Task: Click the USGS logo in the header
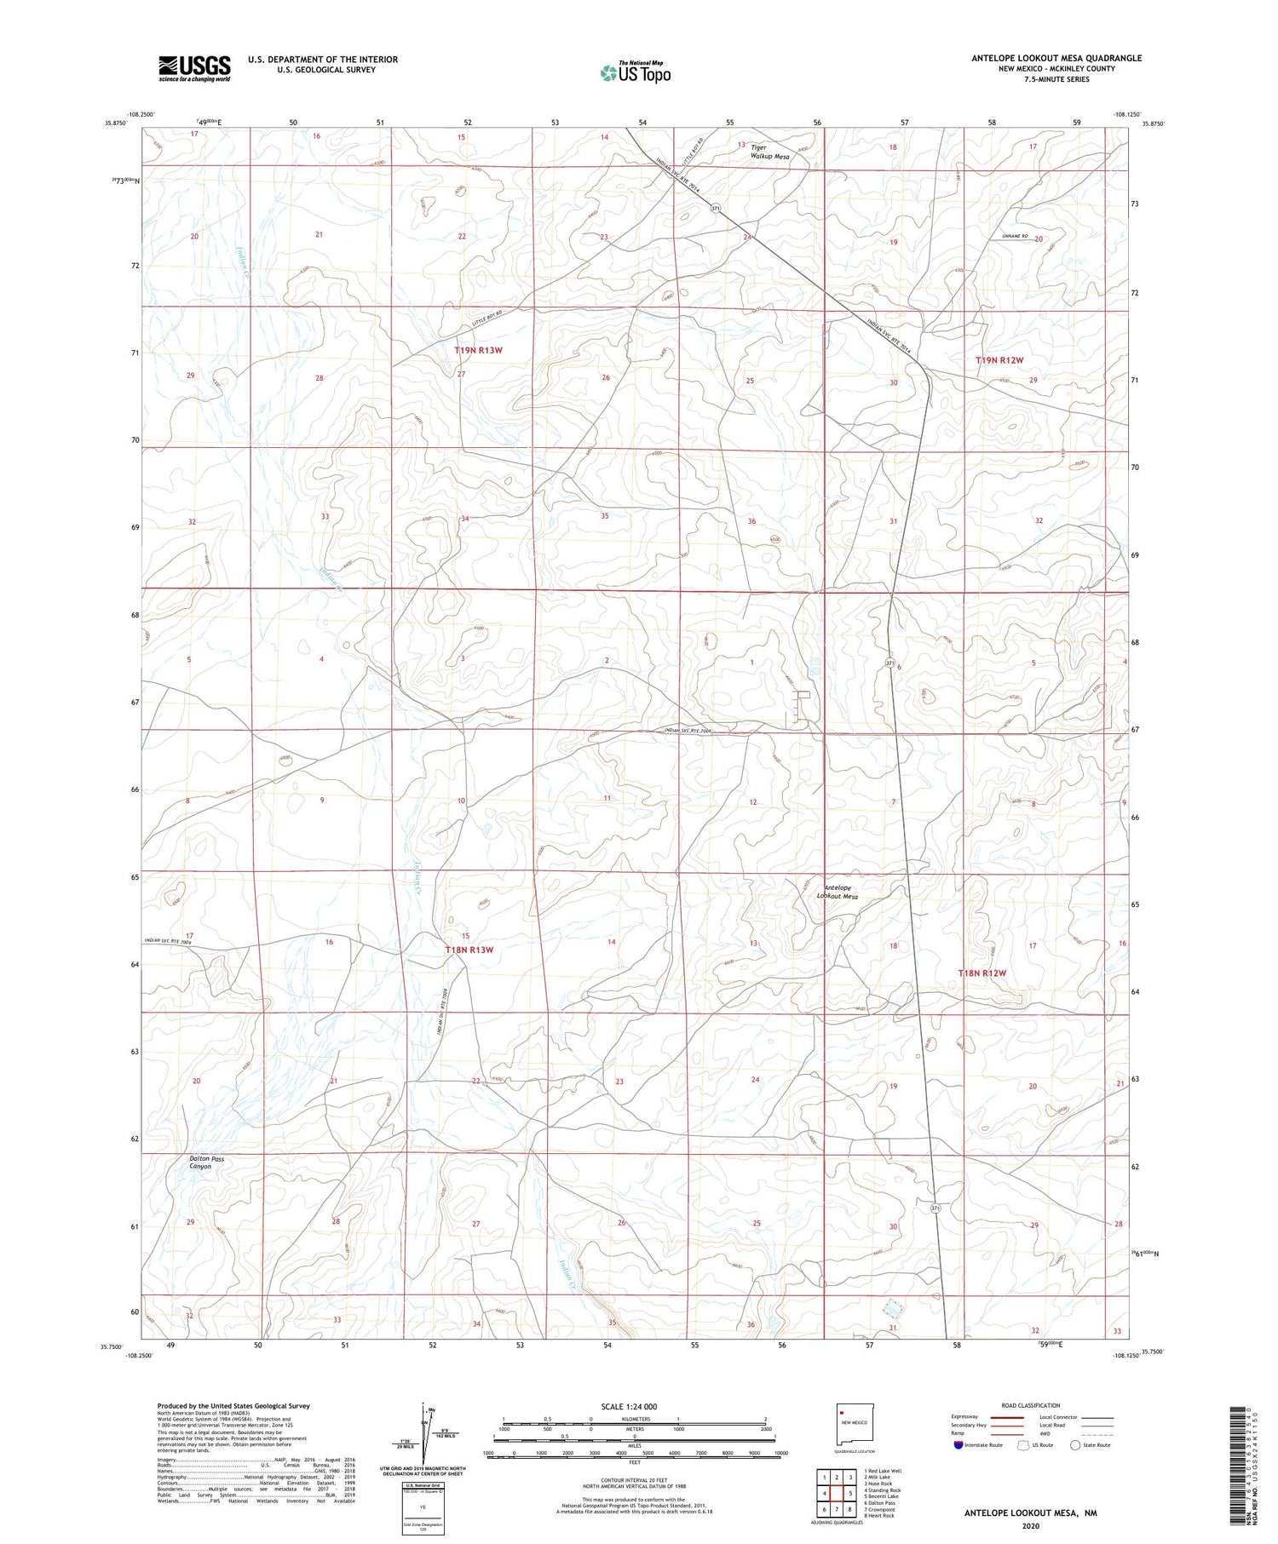pos(193,68)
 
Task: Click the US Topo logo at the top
pos(635,72)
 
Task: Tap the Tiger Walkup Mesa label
pos(769,152)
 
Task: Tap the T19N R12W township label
pos(999,360)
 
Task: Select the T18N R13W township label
pos(469,949)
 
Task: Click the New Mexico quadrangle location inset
pos(853,1422)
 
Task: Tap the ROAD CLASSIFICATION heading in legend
pos(1031,1405)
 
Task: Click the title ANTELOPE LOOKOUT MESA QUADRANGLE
pos(1056,58)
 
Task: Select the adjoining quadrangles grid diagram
pos(837,1486)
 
